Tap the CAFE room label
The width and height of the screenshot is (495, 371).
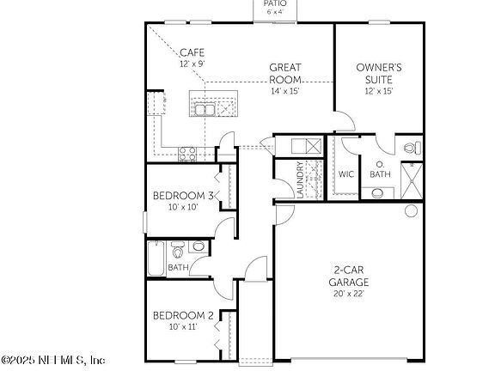[x=192, y=52]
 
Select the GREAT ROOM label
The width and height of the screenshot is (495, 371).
[x=284, y=73]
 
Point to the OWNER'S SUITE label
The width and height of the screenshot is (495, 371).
[x=379, y=73]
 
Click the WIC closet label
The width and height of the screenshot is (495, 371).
[x=345, y=174]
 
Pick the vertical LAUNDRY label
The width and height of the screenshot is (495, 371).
[x=300, y=180]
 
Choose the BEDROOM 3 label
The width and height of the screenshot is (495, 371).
[x=182, y=196]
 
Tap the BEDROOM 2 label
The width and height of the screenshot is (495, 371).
[x=182, y=316]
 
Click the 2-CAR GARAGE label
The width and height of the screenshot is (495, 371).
[x=348, y=276]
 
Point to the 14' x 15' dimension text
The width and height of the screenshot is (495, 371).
[x=284, y=90]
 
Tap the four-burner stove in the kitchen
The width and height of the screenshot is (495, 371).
[x=187, y=154]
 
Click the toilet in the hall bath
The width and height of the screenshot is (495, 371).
[x=178, y=249]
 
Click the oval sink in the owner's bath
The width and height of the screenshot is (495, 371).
[x=379, y=192]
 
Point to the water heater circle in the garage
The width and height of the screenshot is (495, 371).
[x=411, y=210]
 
